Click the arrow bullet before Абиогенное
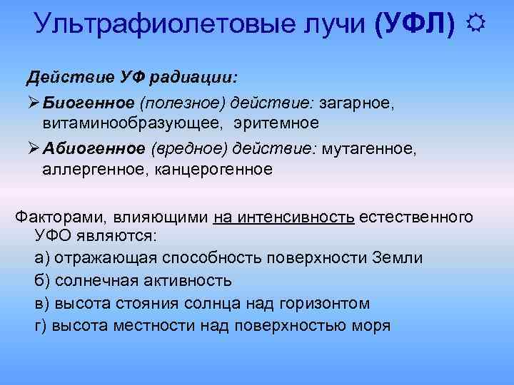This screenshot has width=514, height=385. (32, 148)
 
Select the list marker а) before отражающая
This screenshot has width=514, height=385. (42, 258)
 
